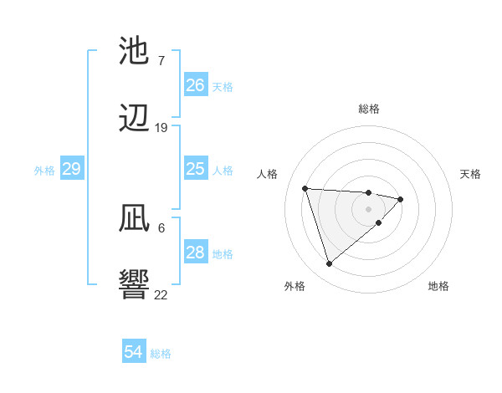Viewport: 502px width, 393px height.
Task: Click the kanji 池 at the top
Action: [134, 52]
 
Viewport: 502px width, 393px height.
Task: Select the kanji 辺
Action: [134, 120]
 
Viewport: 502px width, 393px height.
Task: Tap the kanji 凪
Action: [134, 220]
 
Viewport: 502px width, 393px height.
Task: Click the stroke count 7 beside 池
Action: [161, 60]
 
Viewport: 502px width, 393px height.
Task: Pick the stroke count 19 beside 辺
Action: [161, 128]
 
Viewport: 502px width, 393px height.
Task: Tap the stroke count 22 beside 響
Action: [161, 294]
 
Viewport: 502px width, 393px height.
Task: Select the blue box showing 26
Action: [195, 85]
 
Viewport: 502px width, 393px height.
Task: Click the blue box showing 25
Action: [195, 169]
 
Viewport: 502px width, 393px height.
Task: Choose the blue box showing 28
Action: [195, 253]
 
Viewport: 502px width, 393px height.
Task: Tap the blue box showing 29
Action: [71, 169]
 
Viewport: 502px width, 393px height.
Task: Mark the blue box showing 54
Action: [133, 352]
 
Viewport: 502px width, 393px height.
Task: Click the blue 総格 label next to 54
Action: [161, 354]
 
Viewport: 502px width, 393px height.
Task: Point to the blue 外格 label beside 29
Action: [44, 171]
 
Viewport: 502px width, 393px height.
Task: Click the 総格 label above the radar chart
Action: [368, 109]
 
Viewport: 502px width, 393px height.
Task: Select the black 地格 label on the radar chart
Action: [438, 286]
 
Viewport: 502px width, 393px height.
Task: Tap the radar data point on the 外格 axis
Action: [329, 263]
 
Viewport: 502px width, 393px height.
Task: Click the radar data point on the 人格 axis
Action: [305, 188]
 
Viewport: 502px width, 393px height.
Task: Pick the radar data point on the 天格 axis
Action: [401, 199]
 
